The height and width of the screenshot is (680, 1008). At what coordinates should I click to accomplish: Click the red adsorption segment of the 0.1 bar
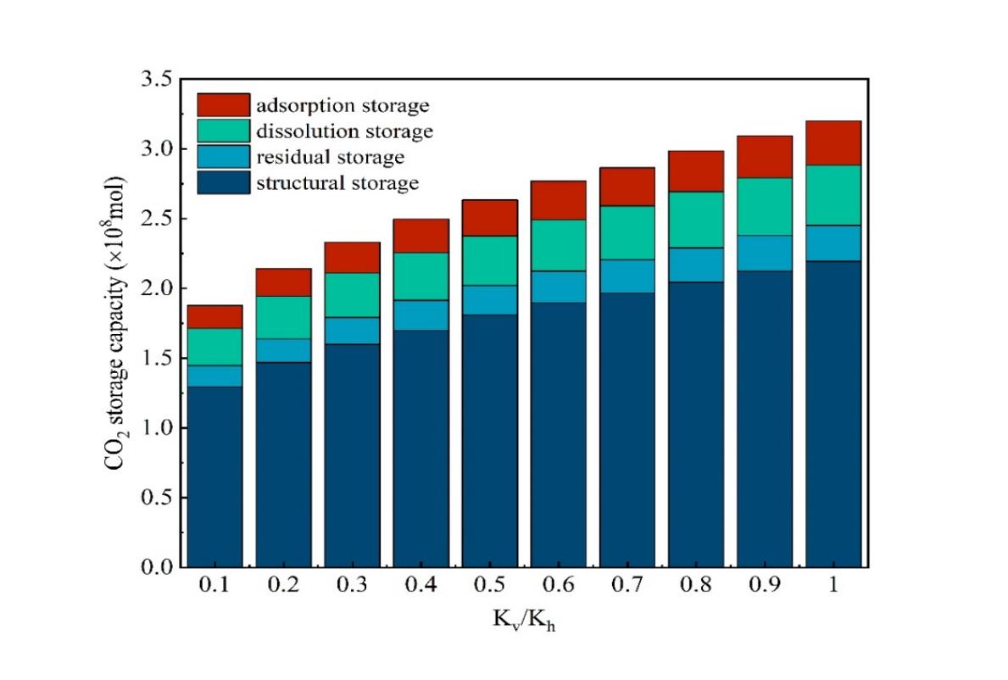tap(214, 317)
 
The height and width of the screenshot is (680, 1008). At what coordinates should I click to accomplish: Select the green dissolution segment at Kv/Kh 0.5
tap(490, 260)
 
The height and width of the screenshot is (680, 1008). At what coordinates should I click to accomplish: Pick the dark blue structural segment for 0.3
tap(352, 454)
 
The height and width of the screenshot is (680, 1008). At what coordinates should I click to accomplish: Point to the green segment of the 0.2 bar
tap(283, 317)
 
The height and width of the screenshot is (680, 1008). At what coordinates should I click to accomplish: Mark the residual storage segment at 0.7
tap(627, 276)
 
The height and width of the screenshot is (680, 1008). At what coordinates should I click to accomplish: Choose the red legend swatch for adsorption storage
tap(224, 105)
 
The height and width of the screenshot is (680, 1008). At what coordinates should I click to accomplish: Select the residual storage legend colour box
tap(224, 157)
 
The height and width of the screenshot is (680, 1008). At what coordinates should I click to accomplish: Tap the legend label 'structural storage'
tap(337, 182)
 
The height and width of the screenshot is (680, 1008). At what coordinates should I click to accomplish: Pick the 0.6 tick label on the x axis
tap(559, 587)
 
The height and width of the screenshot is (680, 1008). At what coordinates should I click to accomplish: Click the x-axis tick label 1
tap(833, 587)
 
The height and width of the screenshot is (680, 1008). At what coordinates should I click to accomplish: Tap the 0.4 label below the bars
tap(420, 587)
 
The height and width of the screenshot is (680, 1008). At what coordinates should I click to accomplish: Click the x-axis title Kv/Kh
tap(525, 621)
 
